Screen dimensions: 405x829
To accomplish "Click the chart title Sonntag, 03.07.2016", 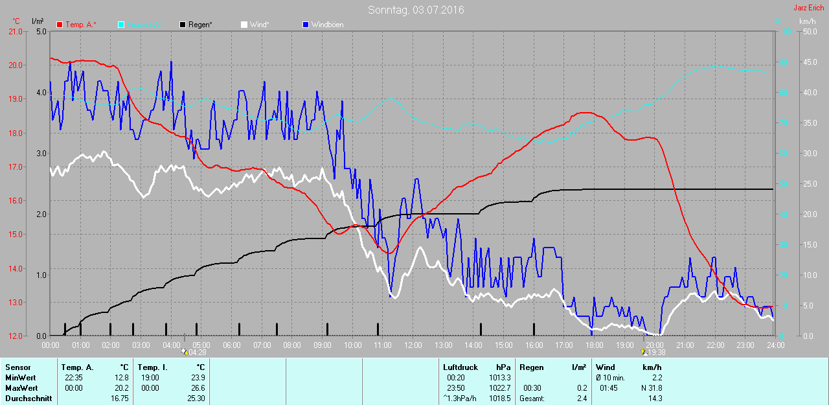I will [x=416, y=10].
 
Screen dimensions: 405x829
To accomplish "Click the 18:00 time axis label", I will [x=594, y=345].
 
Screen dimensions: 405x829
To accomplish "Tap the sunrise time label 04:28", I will [x=197, y=353].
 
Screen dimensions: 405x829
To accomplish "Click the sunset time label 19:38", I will [x=656, y=353].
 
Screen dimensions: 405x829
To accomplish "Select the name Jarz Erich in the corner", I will [x=809, y=8].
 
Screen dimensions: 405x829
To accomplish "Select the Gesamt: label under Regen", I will [x=532, y=399].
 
